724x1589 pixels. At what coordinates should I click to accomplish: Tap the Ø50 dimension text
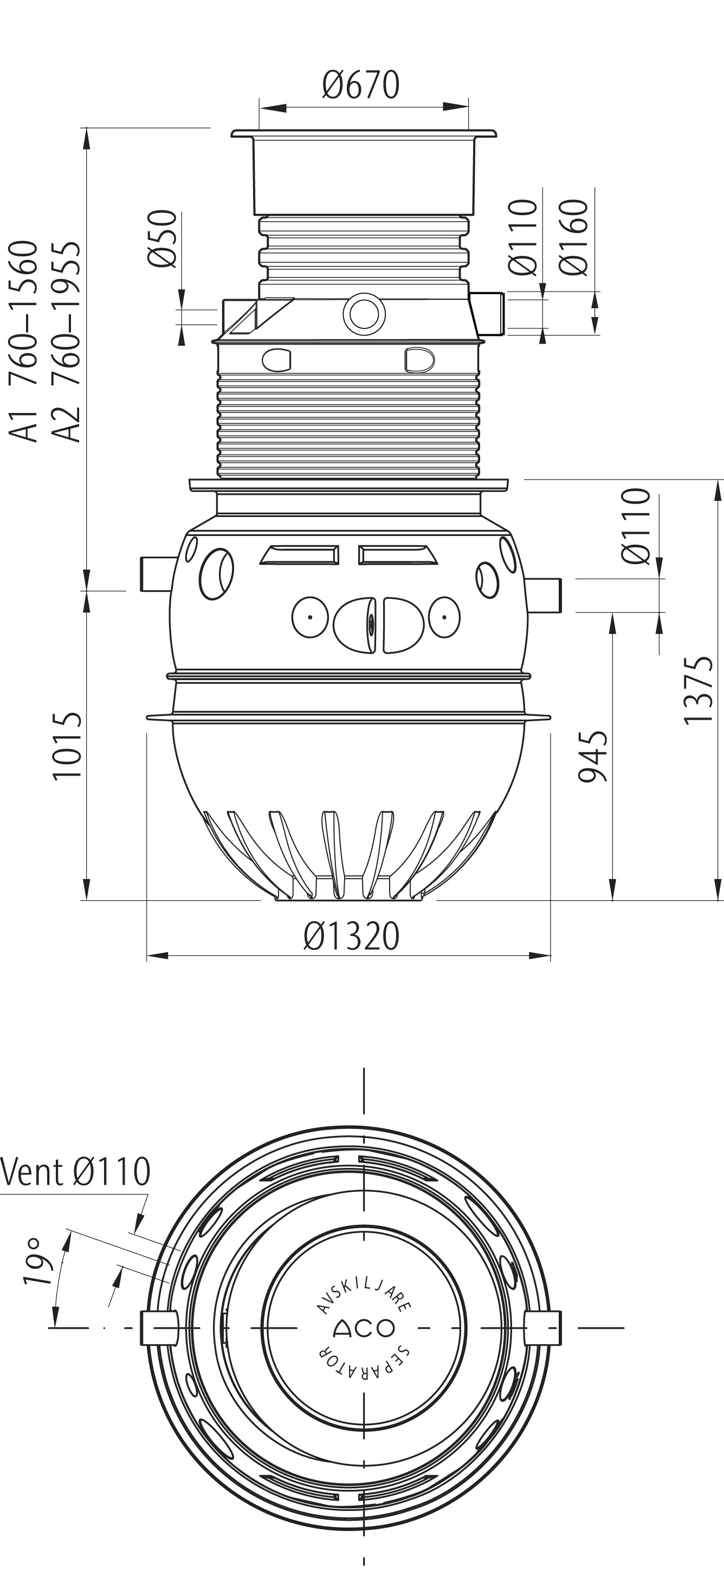(x=163, y=240)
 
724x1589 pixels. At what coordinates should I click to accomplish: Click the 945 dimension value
(x=593, y=756)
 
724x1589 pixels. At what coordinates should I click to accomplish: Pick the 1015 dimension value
(x=67, y=747)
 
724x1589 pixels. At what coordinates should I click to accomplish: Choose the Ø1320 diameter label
(x=352, y=936)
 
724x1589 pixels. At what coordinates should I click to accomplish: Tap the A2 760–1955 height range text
(x=66, y=341)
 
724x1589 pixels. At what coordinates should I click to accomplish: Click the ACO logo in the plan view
(x=364, y=1329)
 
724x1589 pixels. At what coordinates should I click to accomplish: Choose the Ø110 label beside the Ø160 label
(x=523, y=237)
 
